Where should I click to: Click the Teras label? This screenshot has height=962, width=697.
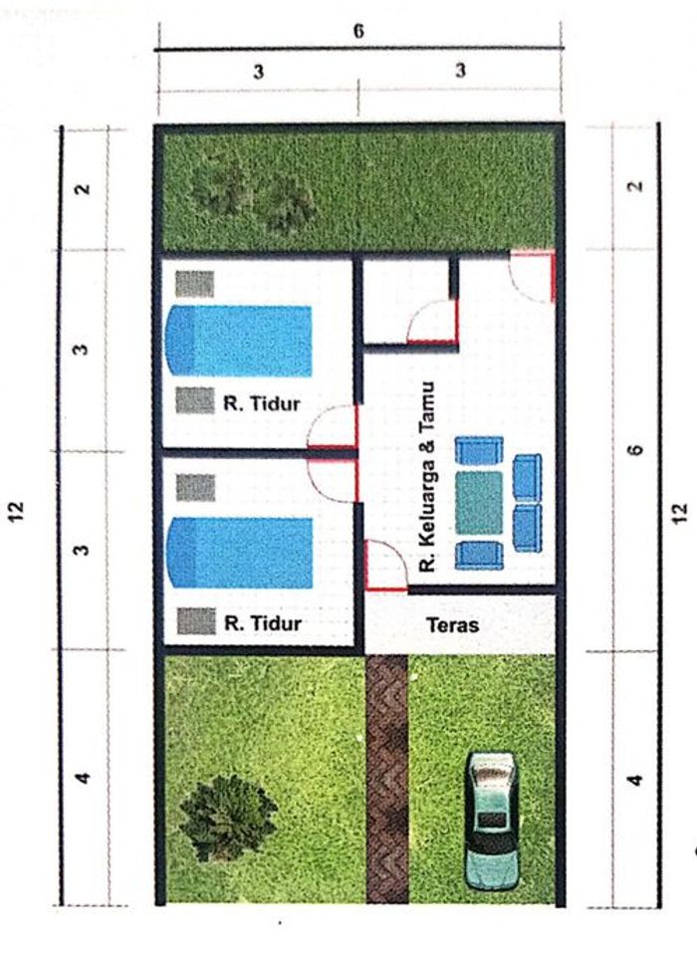tap(452, 625)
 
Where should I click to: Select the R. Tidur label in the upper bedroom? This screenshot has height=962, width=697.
tap(261, 403)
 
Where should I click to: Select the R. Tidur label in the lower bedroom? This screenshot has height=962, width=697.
tap(263, 623)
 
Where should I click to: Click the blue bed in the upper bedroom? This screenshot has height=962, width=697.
tap(239, 341)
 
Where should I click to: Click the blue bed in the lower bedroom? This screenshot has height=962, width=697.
tap(240, 553)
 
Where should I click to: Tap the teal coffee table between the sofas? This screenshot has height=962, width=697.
tap(479, 503)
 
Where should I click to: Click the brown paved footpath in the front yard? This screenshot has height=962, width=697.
tap(387, 779)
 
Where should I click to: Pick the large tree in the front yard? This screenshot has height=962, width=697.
tap(227, 818)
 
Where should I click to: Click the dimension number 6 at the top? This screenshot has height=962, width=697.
tap(358, 31)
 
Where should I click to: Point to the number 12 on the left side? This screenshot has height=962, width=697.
tap(17, 511)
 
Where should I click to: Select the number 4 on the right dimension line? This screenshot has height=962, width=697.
tap(636, 781)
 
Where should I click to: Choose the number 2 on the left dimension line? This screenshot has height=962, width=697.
tap(83, 188)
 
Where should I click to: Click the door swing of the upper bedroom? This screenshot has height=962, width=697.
tap(333, 426)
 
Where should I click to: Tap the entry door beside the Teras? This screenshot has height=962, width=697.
tap(386, 566)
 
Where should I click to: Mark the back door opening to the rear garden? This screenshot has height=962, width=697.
tap(533, 276)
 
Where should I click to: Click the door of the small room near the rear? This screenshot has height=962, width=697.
tap(432, 321)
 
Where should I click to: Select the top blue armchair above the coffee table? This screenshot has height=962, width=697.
tap(479, 450)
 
